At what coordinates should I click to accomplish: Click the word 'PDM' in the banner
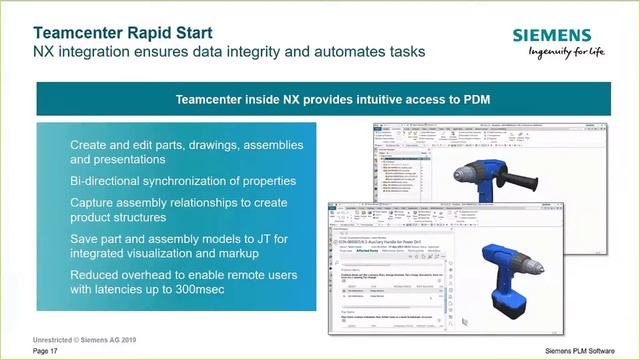pyautogui.click(x=486, y=99)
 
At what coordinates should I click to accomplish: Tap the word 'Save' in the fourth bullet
pyautogui.click(x=87, y=239)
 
